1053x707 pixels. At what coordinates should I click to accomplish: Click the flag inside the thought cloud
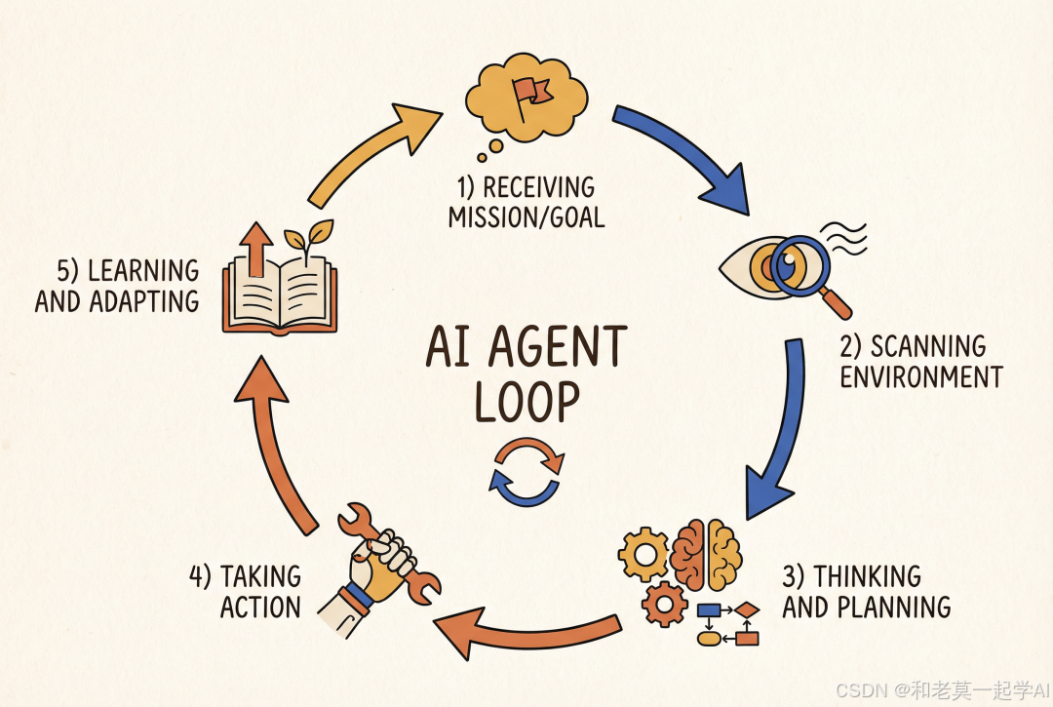531,94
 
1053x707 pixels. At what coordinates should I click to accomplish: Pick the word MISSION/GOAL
526,216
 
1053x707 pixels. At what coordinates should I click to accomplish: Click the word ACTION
260,607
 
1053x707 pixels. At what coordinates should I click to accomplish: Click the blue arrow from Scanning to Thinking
780,429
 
